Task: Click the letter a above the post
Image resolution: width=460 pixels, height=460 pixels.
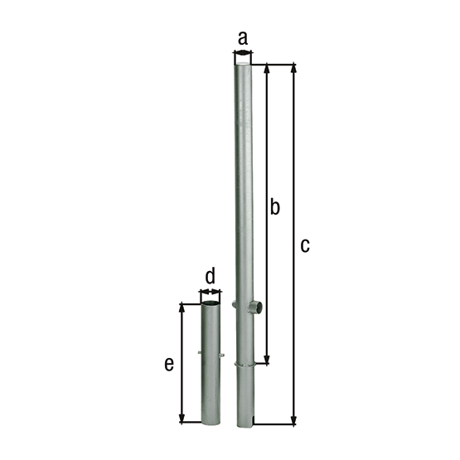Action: [243, 37]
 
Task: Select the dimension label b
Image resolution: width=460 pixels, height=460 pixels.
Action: [275, 206]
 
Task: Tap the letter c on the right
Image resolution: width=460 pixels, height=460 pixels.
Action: [305, 245]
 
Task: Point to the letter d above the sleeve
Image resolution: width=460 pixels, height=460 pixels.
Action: [210, 275]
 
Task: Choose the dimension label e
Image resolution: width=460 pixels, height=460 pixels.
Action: [169, 364]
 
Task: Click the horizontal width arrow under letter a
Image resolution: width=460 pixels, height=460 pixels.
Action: [243, 52]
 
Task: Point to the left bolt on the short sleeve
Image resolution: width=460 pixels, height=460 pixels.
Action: [200, 355]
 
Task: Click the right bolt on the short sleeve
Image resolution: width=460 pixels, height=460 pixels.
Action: [222, 356]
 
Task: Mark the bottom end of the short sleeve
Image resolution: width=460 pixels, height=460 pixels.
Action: [211, 423]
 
